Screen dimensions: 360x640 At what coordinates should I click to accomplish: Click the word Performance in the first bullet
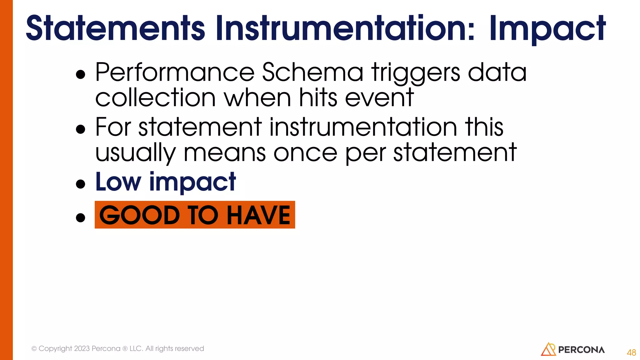point(175,72)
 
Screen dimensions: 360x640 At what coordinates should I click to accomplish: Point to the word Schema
point(312,72)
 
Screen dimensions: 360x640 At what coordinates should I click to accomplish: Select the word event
point(379,98)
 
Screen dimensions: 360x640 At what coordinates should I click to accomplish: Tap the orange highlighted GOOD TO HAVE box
point(195,215)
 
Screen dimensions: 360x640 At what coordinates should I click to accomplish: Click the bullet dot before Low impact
point(81,184)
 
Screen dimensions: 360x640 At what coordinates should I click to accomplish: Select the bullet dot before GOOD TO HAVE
point(81,217)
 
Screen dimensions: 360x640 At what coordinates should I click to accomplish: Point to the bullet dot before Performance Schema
point(81,75)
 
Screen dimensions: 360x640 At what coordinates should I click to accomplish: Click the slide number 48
point(631,352)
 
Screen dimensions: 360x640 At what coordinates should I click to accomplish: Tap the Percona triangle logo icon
point(548,349)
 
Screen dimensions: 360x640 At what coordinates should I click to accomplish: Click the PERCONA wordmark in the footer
point(581,350)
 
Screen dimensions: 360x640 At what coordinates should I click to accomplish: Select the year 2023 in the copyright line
point(82,348)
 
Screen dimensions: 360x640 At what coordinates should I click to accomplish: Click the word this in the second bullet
point(484,127)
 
